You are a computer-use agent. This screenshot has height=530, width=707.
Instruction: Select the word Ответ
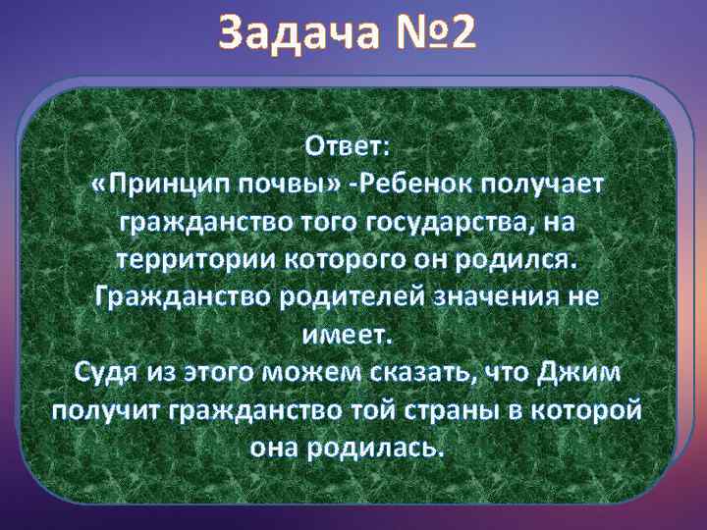348,147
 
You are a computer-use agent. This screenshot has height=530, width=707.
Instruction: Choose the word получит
103,411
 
